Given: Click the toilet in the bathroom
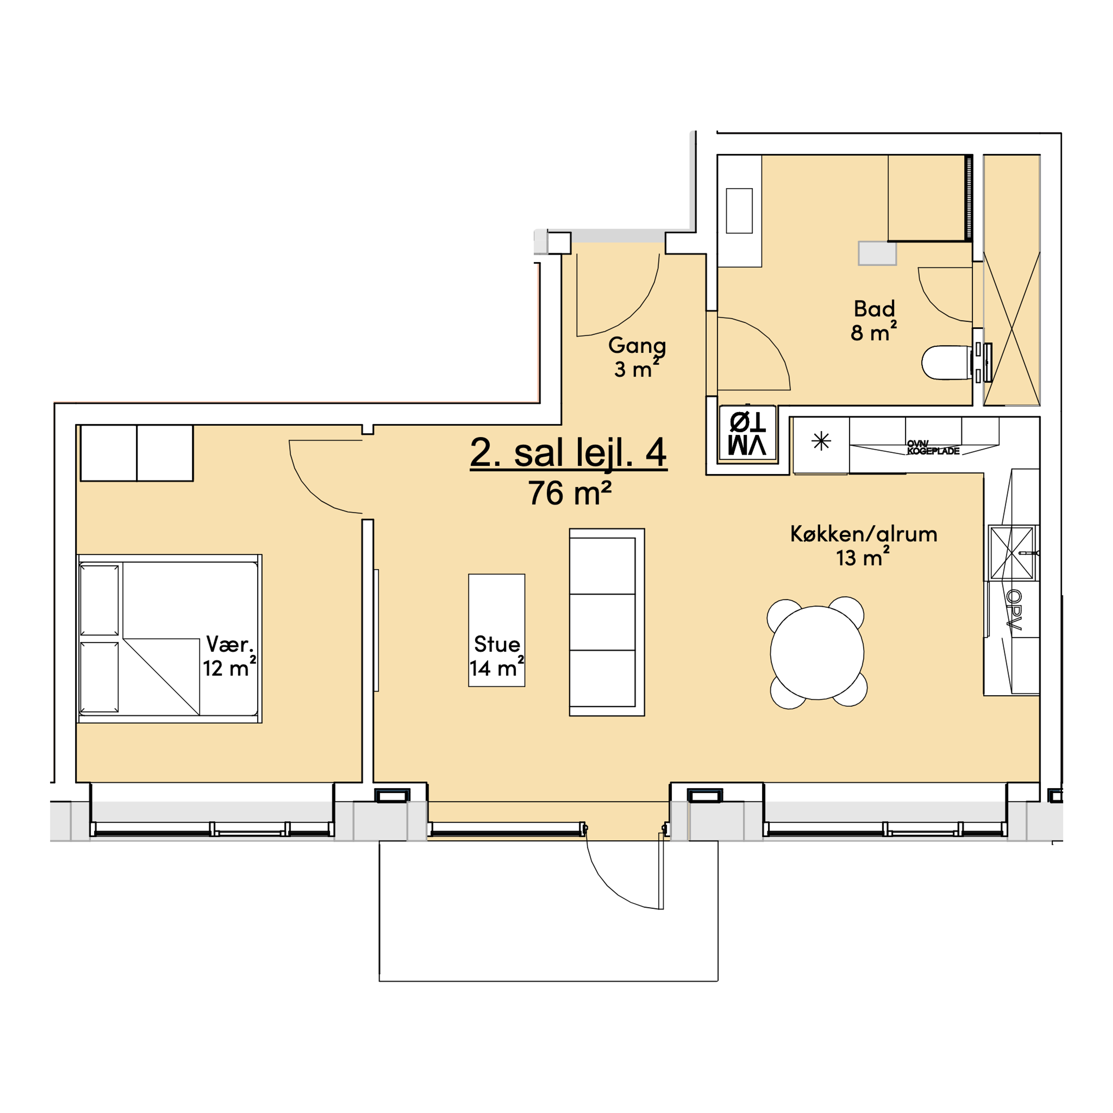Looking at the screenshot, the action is pos(948,362).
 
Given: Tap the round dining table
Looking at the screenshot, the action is pos(817,653).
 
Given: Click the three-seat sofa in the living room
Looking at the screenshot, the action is pos(607,622).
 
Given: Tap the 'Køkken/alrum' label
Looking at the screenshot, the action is pos(863,534).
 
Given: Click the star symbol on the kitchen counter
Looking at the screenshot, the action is pos(821,441).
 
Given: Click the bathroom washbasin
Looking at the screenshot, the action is pos(739,211).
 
